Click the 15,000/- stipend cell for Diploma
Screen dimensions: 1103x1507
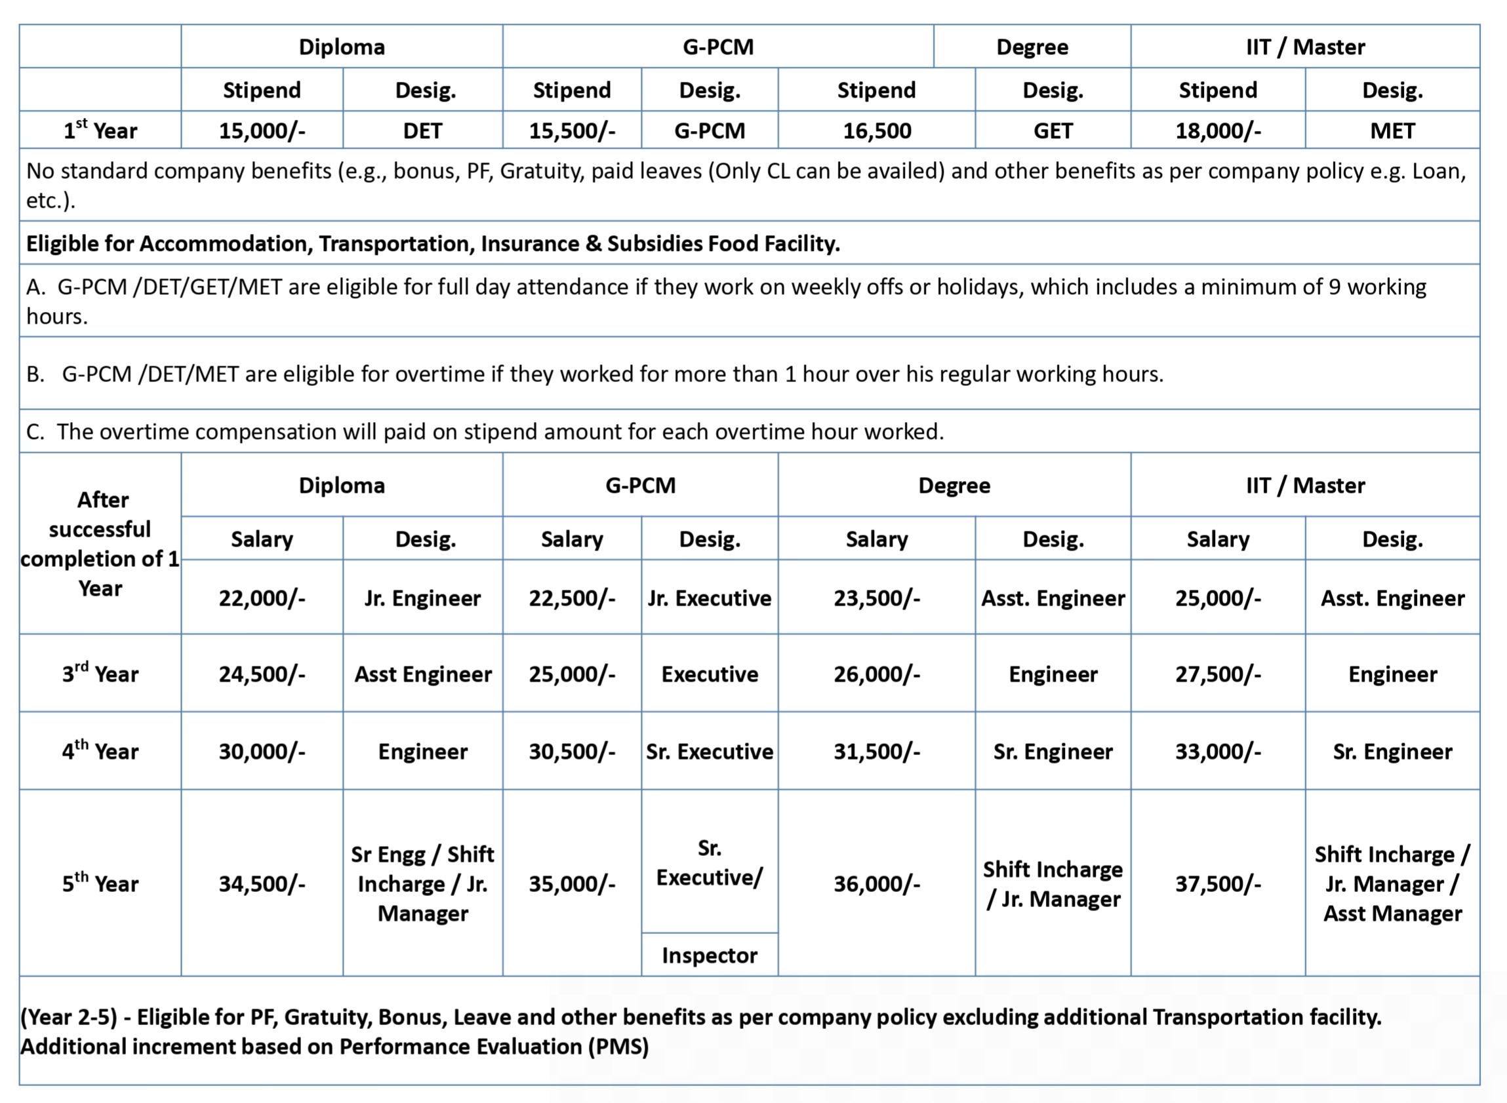(262, 130)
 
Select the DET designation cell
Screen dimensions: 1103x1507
(422, 130)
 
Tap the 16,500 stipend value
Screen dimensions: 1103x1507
(876, 130)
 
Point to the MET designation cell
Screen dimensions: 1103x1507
(1392, 130)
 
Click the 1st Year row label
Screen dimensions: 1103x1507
(100, 130)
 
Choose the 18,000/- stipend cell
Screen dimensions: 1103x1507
(1218, 130)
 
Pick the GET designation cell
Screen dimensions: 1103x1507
(1053, 130)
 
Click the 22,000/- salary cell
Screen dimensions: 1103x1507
(262, 598)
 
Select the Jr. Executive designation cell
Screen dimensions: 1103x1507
(710, 598)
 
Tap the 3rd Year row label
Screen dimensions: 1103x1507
(100, 674)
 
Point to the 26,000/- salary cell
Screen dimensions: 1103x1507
(876, 674)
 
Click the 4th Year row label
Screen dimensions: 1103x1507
(100, 751)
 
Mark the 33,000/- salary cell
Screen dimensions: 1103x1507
(1218, 751)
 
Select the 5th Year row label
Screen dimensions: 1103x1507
(100, 883)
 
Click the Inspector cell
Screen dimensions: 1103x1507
(710, 956)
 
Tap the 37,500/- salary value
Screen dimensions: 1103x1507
(1218, 883)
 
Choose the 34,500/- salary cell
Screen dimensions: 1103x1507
(262, 883)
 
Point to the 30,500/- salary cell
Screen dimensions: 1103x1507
(572, 751)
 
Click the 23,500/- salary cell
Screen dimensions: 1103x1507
(876, 598)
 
